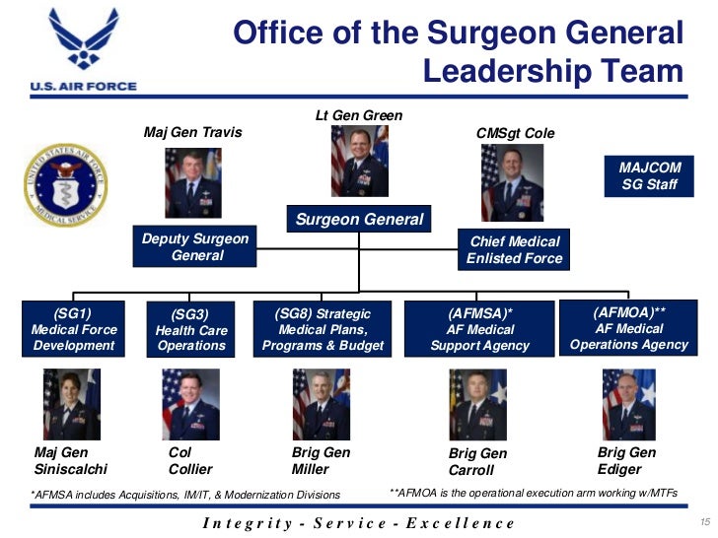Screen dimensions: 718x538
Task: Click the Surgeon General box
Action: (359, 220)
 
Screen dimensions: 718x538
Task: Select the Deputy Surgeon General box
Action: (196, 246)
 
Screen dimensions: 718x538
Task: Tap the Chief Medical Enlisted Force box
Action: (515, 249)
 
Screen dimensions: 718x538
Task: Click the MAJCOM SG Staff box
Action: (649, 175)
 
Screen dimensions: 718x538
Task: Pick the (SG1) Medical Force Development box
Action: (74, 329)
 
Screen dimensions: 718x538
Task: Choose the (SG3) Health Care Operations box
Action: (191, 330)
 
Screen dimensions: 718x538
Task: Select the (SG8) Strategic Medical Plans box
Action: (323, 329)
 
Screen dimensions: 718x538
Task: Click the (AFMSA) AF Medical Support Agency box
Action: (479, 329)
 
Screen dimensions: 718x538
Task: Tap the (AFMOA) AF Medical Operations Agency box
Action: (629, 328)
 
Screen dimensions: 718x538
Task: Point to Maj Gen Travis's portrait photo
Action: (192, 183)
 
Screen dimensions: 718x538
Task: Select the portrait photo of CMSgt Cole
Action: (512, 183)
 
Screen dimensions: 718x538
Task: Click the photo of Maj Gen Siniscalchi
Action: (71, 404)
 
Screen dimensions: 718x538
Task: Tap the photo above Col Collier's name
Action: (190, 404)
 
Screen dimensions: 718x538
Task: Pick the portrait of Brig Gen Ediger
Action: (628, 404)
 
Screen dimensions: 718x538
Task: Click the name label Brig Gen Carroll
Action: (477, 461)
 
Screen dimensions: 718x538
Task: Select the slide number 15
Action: (703, 521)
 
